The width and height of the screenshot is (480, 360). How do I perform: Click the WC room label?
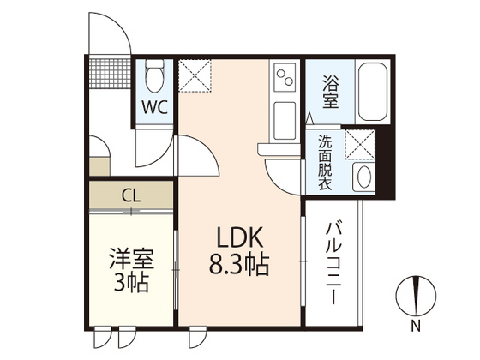[x=154, y=109]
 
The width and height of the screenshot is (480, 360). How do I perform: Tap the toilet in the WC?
[x=155, y=78]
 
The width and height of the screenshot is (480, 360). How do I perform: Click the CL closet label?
[x=130, y=195]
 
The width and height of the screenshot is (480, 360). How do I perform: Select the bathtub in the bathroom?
[x=372, y=92]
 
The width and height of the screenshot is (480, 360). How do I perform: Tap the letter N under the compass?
[x=415, y=325]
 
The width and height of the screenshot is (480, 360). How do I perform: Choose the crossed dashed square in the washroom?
[x=359, y=144]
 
